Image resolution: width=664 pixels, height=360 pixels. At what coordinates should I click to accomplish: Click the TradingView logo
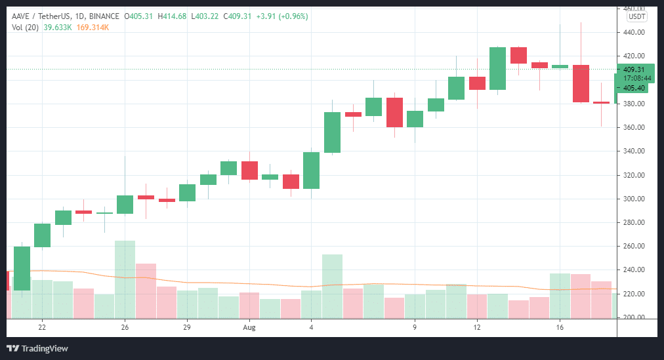pos(37,348)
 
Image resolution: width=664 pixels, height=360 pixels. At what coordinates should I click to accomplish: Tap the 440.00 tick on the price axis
pos(634,32)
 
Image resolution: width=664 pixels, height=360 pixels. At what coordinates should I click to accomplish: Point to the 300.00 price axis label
pos(634,199)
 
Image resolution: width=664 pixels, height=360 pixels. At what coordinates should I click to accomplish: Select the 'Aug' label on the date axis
pos(249,327)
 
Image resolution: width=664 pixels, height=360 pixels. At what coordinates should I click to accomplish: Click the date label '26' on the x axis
pos(125,327)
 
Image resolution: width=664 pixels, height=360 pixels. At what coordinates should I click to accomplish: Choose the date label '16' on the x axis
pos(560,327)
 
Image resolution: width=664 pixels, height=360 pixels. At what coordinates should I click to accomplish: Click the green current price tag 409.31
pos(633,70)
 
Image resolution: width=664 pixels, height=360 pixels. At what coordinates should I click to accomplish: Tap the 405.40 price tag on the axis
pos(633,88)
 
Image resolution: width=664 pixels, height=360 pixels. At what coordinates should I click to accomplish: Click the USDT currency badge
pos(636,17)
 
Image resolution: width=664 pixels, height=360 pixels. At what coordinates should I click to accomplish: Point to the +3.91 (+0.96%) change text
pos(280,16)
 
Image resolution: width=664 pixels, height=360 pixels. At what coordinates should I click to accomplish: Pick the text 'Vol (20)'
pos(26,27)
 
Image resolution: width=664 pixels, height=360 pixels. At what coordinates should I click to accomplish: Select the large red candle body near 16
pos(581,83)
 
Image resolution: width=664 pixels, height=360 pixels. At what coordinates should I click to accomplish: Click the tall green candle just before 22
pos(22,268)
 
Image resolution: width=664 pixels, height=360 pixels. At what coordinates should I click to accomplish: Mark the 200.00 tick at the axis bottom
pos(634,317)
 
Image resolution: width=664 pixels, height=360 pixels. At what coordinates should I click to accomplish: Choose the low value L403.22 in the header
pos(208,16)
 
